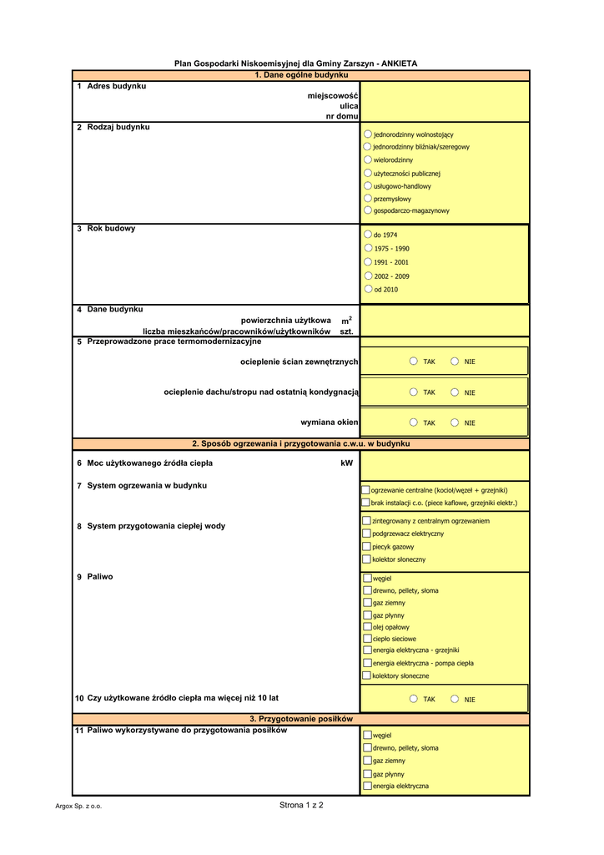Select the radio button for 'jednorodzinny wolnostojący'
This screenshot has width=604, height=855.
368,134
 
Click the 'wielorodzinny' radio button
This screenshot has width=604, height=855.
368,159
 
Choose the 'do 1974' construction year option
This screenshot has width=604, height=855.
369,235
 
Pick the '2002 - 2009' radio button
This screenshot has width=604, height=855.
369,276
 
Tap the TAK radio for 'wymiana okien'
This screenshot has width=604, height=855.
414,422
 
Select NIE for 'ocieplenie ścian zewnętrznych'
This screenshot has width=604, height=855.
455,362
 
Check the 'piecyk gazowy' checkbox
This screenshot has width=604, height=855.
366,546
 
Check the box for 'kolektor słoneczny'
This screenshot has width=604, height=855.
366,559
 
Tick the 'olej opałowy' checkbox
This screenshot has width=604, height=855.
367,626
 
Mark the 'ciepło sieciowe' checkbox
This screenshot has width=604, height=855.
367,638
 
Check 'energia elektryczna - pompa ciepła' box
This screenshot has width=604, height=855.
367,663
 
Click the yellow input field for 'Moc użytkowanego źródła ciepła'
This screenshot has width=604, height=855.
445,464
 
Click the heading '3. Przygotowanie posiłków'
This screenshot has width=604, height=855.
301,719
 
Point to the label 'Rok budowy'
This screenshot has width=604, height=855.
111,228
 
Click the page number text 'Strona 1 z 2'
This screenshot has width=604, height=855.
301,805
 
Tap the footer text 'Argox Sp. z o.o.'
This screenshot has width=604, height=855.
78,807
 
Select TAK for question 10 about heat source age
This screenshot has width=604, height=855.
414,699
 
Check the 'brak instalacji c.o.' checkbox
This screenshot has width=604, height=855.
366,503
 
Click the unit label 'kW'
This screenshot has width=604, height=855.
347,463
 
